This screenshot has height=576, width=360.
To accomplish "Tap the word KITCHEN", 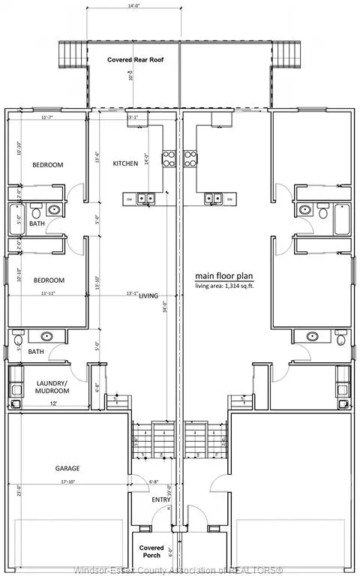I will click(125, 163).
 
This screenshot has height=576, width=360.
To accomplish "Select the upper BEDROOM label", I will click(47, 164).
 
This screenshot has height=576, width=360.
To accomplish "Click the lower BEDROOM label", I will click(49, 280).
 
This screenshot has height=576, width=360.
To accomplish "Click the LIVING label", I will click(148, 296).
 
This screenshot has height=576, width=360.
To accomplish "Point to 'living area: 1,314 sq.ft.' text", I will click(225, 286).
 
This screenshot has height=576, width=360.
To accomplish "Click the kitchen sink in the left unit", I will click(146, 199).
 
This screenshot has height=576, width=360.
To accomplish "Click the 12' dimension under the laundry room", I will click(53, 404).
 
